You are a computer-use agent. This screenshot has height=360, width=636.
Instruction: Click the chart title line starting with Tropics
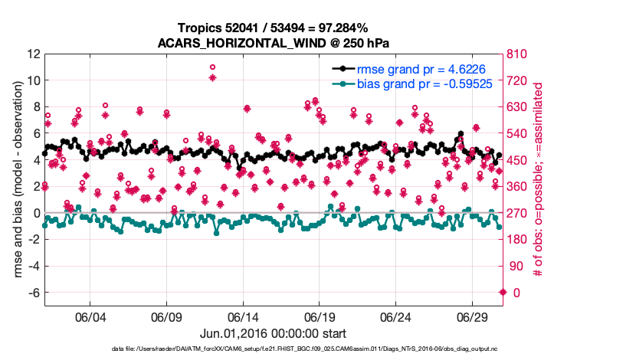tap(274, 28)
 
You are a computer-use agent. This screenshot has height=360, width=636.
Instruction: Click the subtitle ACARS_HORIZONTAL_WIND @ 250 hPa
tap(274, 42)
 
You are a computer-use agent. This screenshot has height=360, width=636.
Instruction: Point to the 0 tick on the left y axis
tap(35, 214)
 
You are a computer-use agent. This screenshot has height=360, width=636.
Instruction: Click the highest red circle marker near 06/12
tap(212, 67)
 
